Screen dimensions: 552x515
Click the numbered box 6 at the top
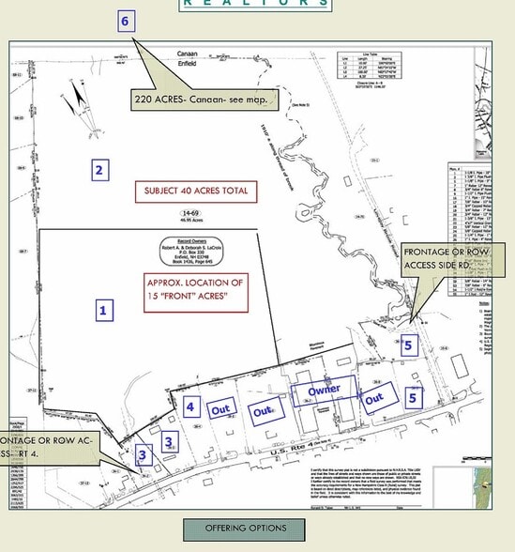pos(127,21)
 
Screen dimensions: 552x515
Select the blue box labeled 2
pos(98,170)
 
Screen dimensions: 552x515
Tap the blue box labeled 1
pos(105,308)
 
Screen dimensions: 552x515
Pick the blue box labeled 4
pos(190,406)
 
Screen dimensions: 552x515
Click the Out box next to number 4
pos(221,409)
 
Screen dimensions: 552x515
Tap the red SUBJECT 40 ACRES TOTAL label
pos(195,192)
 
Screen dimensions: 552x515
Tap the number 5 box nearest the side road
pos(407,345)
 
